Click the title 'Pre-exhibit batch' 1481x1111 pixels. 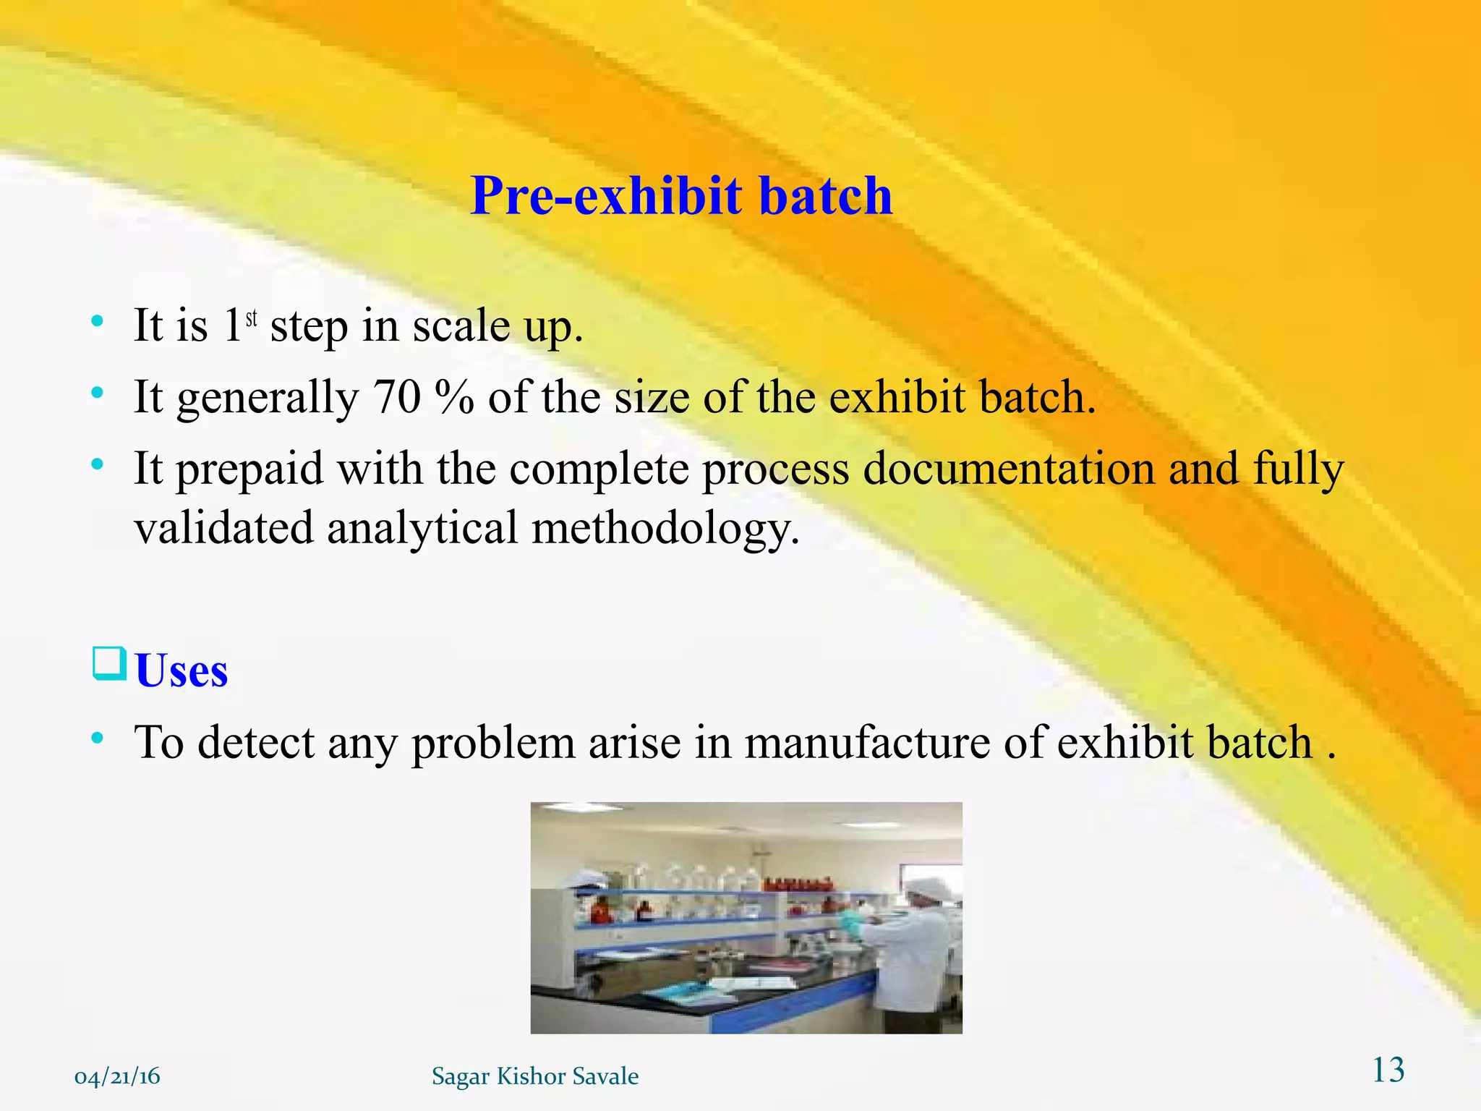point(681,196)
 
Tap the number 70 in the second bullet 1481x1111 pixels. point(396,397)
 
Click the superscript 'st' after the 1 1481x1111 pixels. point(252,319)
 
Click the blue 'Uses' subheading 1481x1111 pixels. point(182,671)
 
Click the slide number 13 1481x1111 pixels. point(1388,1070)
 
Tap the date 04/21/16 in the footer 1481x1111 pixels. point(117,1076)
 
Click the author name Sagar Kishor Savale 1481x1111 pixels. point(535,1076)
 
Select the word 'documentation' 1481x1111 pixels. point(1009,469)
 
